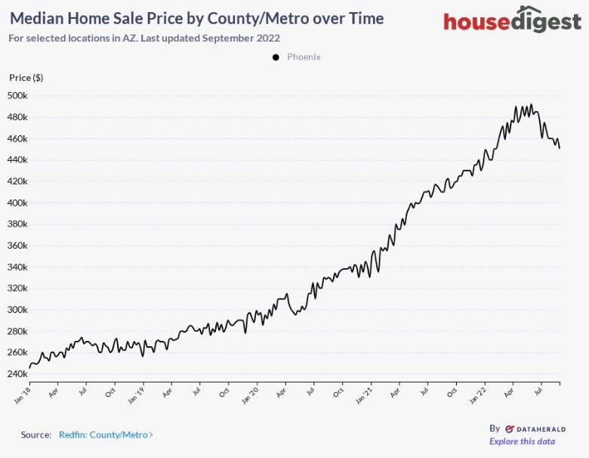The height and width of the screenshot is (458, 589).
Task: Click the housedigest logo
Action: click(512, 21)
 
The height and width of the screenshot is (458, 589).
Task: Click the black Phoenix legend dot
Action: click(276, 57)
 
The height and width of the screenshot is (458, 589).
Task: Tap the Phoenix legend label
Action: click(304, 57)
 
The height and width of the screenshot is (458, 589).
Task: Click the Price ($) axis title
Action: click(26, 78)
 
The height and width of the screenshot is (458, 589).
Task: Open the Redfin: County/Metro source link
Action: click(105, 435)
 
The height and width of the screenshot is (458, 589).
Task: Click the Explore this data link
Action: click(522, 441)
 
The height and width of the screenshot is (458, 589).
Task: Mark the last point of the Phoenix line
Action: click(560, 148)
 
